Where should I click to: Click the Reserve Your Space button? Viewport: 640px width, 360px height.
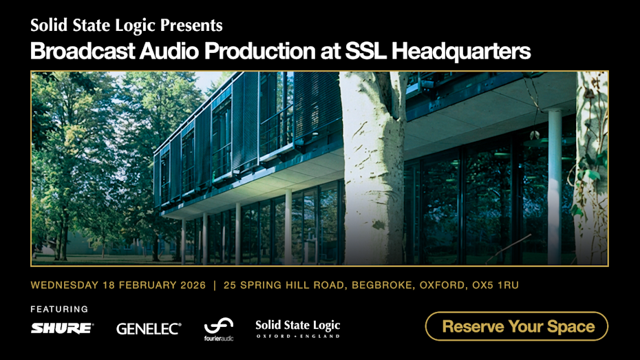tap(517, 326)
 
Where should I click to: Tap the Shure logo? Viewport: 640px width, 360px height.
tap(62, 328)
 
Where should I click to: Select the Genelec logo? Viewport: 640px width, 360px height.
tap(149, 329)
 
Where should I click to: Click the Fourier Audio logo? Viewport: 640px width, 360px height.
tap(219, 329)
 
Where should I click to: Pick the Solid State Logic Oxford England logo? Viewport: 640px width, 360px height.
tap(297, 328)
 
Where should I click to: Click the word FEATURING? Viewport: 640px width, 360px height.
tap(60, 309)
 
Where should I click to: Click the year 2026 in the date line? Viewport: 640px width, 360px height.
tap(191, 285)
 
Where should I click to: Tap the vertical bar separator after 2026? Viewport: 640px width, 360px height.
tap(214, 285)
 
